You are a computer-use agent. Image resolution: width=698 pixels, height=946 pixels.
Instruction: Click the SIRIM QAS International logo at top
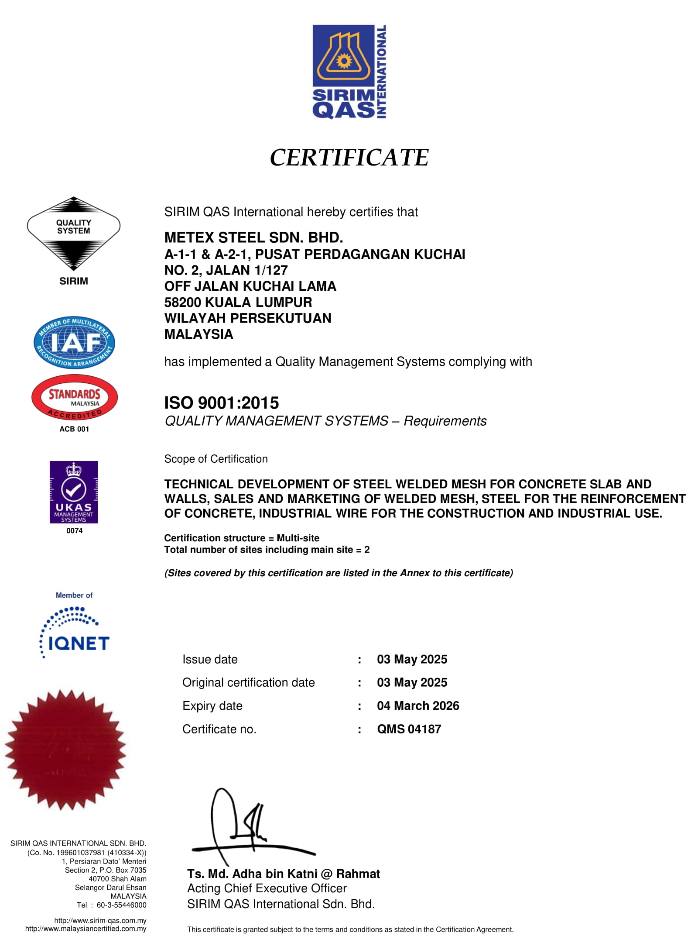tap(349, 72)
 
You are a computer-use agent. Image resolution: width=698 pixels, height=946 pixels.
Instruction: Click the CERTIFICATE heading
tap(349, 158)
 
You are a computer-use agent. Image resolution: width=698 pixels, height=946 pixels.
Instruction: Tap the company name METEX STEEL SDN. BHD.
tap(253, 237)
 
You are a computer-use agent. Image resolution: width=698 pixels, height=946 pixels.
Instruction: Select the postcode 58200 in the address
tap(183, 302)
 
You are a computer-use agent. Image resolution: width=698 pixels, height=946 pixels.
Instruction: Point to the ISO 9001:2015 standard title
tap(221, 402)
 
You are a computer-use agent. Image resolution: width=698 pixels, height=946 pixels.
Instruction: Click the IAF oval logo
tap(74, 343)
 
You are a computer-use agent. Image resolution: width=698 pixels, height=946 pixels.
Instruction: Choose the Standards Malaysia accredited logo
tap(74, 397)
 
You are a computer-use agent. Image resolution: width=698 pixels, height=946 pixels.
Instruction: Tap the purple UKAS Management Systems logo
tap(74, 492)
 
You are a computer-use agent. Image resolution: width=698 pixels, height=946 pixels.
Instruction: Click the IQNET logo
tap(75, 633)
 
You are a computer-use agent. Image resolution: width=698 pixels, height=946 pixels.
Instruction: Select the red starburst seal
tap(65, 749)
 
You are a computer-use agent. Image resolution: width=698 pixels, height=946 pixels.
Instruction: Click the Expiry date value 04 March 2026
tap(418, 706)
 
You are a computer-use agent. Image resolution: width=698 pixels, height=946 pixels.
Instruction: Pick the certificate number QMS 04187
tap(409, 729)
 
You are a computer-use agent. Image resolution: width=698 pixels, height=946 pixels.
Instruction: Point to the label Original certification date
tap(248, 682)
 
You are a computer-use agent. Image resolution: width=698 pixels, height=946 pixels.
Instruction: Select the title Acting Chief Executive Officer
tap(267, 888)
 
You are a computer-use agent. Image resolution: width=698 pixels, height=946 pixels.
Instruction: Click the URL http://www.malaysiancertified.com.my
tap(86, 929)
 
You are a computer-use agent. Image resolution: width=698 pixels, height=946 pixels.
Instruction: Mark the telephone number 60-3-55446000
tap(121, 905)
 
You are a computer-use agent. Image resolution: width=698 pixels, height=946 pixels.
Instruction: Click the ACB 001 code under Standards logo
tap(74, 429)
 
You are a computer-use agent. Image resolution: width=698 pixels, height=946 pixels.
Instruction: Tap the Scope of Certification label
tap(216, 459)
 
